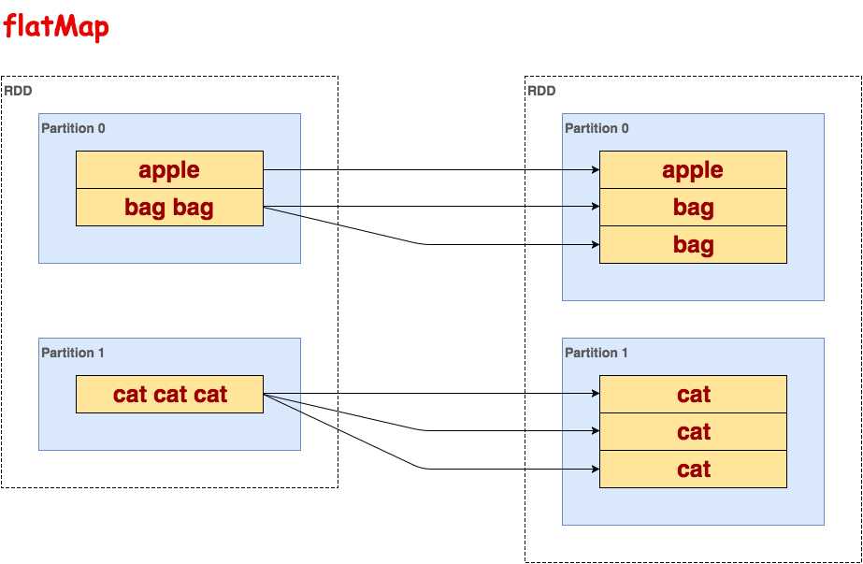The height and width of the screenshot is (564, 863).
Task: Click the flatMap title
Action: point(56,27)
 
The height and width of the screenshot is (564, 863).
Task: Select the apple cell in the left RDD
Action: point(169,169)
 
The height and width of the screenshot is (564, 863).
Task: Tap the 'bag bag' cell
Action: point(169,207)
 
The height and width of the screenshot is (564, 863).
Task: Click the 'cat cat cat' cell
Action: point(169,394)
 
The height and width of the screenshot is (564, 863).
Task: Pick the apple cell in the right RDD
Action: point(693,169)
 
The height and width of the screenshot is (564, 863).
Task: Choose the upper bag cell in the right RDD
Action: point(693,207)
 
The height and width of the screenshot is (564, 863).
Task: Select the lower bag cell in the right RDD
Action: point(693,245)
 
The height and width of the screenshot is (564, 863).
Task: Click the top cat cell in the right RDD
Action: point(693,394)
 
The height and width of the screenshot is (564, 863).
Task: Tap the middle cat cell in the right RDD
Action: point(693,431)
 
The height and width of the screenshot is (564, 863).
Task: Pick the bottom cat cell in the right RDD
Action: point(693,469)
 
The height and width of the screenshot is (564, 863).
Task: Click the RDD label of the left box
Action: point(18,91)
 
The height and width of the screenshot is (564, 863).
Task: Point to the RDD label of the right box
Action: point(541,91)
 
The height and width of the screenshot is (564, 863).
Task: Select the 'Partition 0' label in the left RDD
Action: point(73,128)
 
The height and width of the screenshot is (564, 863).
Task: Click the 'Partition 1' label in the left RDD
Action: point(73,353)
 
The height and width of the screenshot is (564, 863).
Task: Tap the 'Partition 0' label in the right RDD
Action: point(597,128)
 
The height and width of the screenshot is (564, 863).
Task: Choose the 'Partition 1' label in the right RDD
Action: point(597,353)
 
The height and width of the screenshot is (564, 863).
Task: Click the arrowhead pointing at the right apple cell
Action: point(594,170)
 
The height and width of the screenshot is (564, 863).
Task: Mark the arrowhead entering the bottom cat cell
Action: point(594,469)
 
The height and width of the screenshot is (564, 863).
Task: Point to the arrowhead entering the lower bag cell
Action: point(594,245)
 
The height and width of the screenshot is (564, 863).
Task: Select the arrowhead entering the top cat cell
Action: point(594,394)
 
